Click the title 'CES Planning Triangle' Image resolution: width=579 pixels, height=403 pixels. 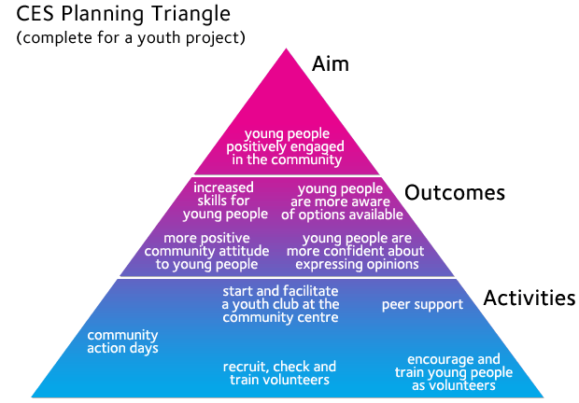[x=123, y=15]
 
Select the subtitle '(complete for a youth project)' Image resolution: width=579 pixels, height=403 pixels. [x=131, y=37]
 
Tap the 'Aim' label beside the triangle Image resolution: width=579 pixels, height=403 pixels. [x=330, y=63]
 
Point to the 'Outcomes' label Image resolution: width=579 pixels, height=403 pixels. [x=455, y=192]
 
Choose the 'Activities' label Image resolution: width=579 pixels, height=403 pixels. [x=530, y=298]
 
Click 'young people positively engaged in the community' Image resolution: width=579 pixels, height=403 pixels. [x=286, y=146]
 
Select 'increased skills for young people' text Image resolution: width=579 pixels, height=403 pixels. [x=225, y=201]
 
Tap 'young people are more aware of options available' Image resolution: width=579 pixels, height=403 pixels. [x=342, y=201]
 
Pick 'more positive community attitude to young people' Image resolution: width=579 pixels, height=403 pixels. [x=206, y=252]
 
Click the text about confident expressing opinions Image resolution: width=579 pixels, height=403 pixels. [x=356, y=252]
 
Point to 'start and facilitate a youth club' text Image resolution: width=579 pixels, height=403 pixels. [x=280, y=304]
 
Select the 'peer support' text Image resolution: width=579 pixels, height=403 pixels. [x=422, y=305]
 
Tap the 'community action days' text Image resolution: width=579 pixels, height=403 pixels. [x=122, y=341]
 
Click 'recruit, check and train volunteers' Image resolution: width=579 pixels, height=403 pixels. [x=279, y=373]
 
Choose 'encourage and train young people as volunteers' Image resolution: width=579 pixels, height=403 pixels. [x=454, y=372]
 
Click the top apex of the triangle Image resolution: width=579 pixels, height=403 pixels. [x=286, y=49]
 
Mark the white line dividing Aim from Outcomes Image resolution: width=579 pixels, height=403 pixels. [x=287, y=176]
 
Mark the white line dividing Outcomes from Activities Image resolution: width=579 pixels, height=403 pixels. [x=287, y=277]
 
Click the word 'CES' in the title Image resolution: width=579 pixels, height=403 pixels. [x=35, y=14]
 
